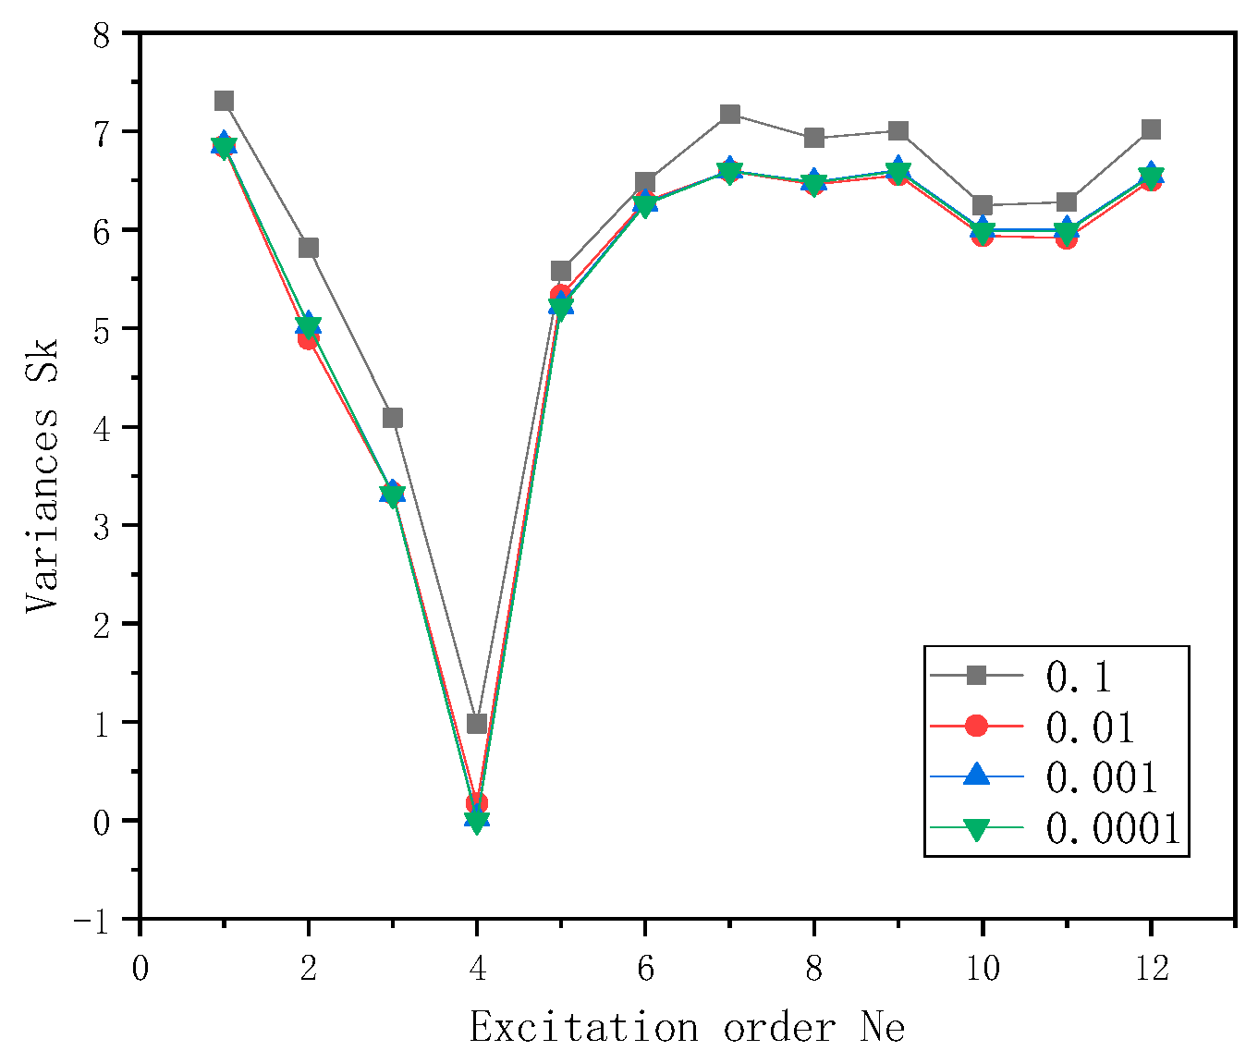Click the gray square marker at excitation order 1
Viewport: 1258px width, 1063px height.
coord(224,101)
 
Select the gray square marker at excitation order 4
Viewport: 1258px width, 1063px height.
coord(477,723)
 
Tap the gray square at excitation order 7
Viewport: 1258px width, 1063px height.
coord(729,115)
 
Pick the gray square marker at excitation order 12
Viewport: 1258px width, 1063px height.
coord(1151,129)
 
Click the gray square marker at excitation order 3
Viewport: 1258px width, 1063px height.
coord(393,418)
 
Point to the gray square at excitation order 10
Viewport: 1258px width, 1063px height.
coord(983,205)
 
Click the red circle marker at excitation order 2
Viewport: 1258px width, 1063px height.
coord(308,339)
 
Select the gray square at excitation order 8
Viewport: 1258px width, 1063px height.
coord(814,138)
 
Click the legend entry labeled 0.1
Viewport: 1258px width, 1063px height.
coord(1078,677)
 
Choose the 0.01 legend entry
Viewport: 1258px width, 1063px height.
coord(1090,727)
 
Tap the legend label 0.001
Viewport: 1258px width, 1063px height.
coord(1101,777)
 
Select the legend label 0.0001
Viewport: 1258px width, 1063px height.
coord(1113,828)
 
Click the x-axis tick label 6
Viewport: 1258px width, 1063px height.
coord(645,968)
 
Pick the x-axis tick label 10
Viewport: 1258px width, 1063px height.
coord(983,968)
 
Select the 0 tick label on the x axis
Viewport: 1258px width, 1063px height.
coord(140,968)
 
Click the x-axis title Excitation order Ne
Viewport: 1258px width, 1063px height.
coord(687,1027)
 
